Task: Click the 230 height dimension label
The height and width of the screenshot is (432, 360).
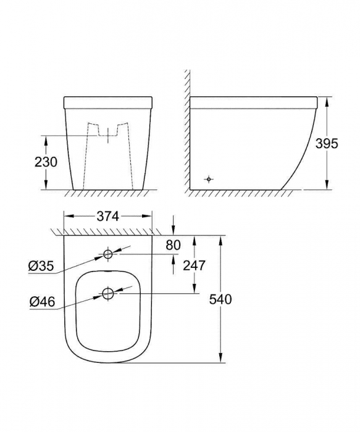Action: click(x=46, y=162)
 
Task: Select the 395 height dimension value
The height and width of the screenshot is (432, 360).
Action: click(x=327, y=144)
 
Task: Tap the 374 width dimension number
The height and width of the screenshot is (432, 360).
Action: click(x=108, y=216)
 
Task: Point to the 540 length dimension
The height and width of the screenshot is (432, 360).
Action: click(x=220, y=299)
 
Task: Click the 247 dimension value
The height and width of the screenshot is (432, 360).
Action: click(x=195, y=265)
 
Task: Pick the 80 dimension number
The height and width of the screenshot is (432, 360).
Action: click(x=173, y=245)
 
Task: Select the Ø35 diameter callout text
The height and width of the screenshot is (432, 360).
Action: click(x=41, y=267)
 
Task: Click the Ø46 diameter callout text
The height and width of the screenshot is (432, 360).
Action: click(x=43, y=302)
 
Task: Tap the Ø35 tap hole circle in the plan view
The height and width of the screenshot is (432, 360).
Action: click(x=108, y=254)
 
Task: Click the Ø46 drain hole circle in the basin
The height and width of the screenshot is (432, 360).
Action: click(x=108, y=294)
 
